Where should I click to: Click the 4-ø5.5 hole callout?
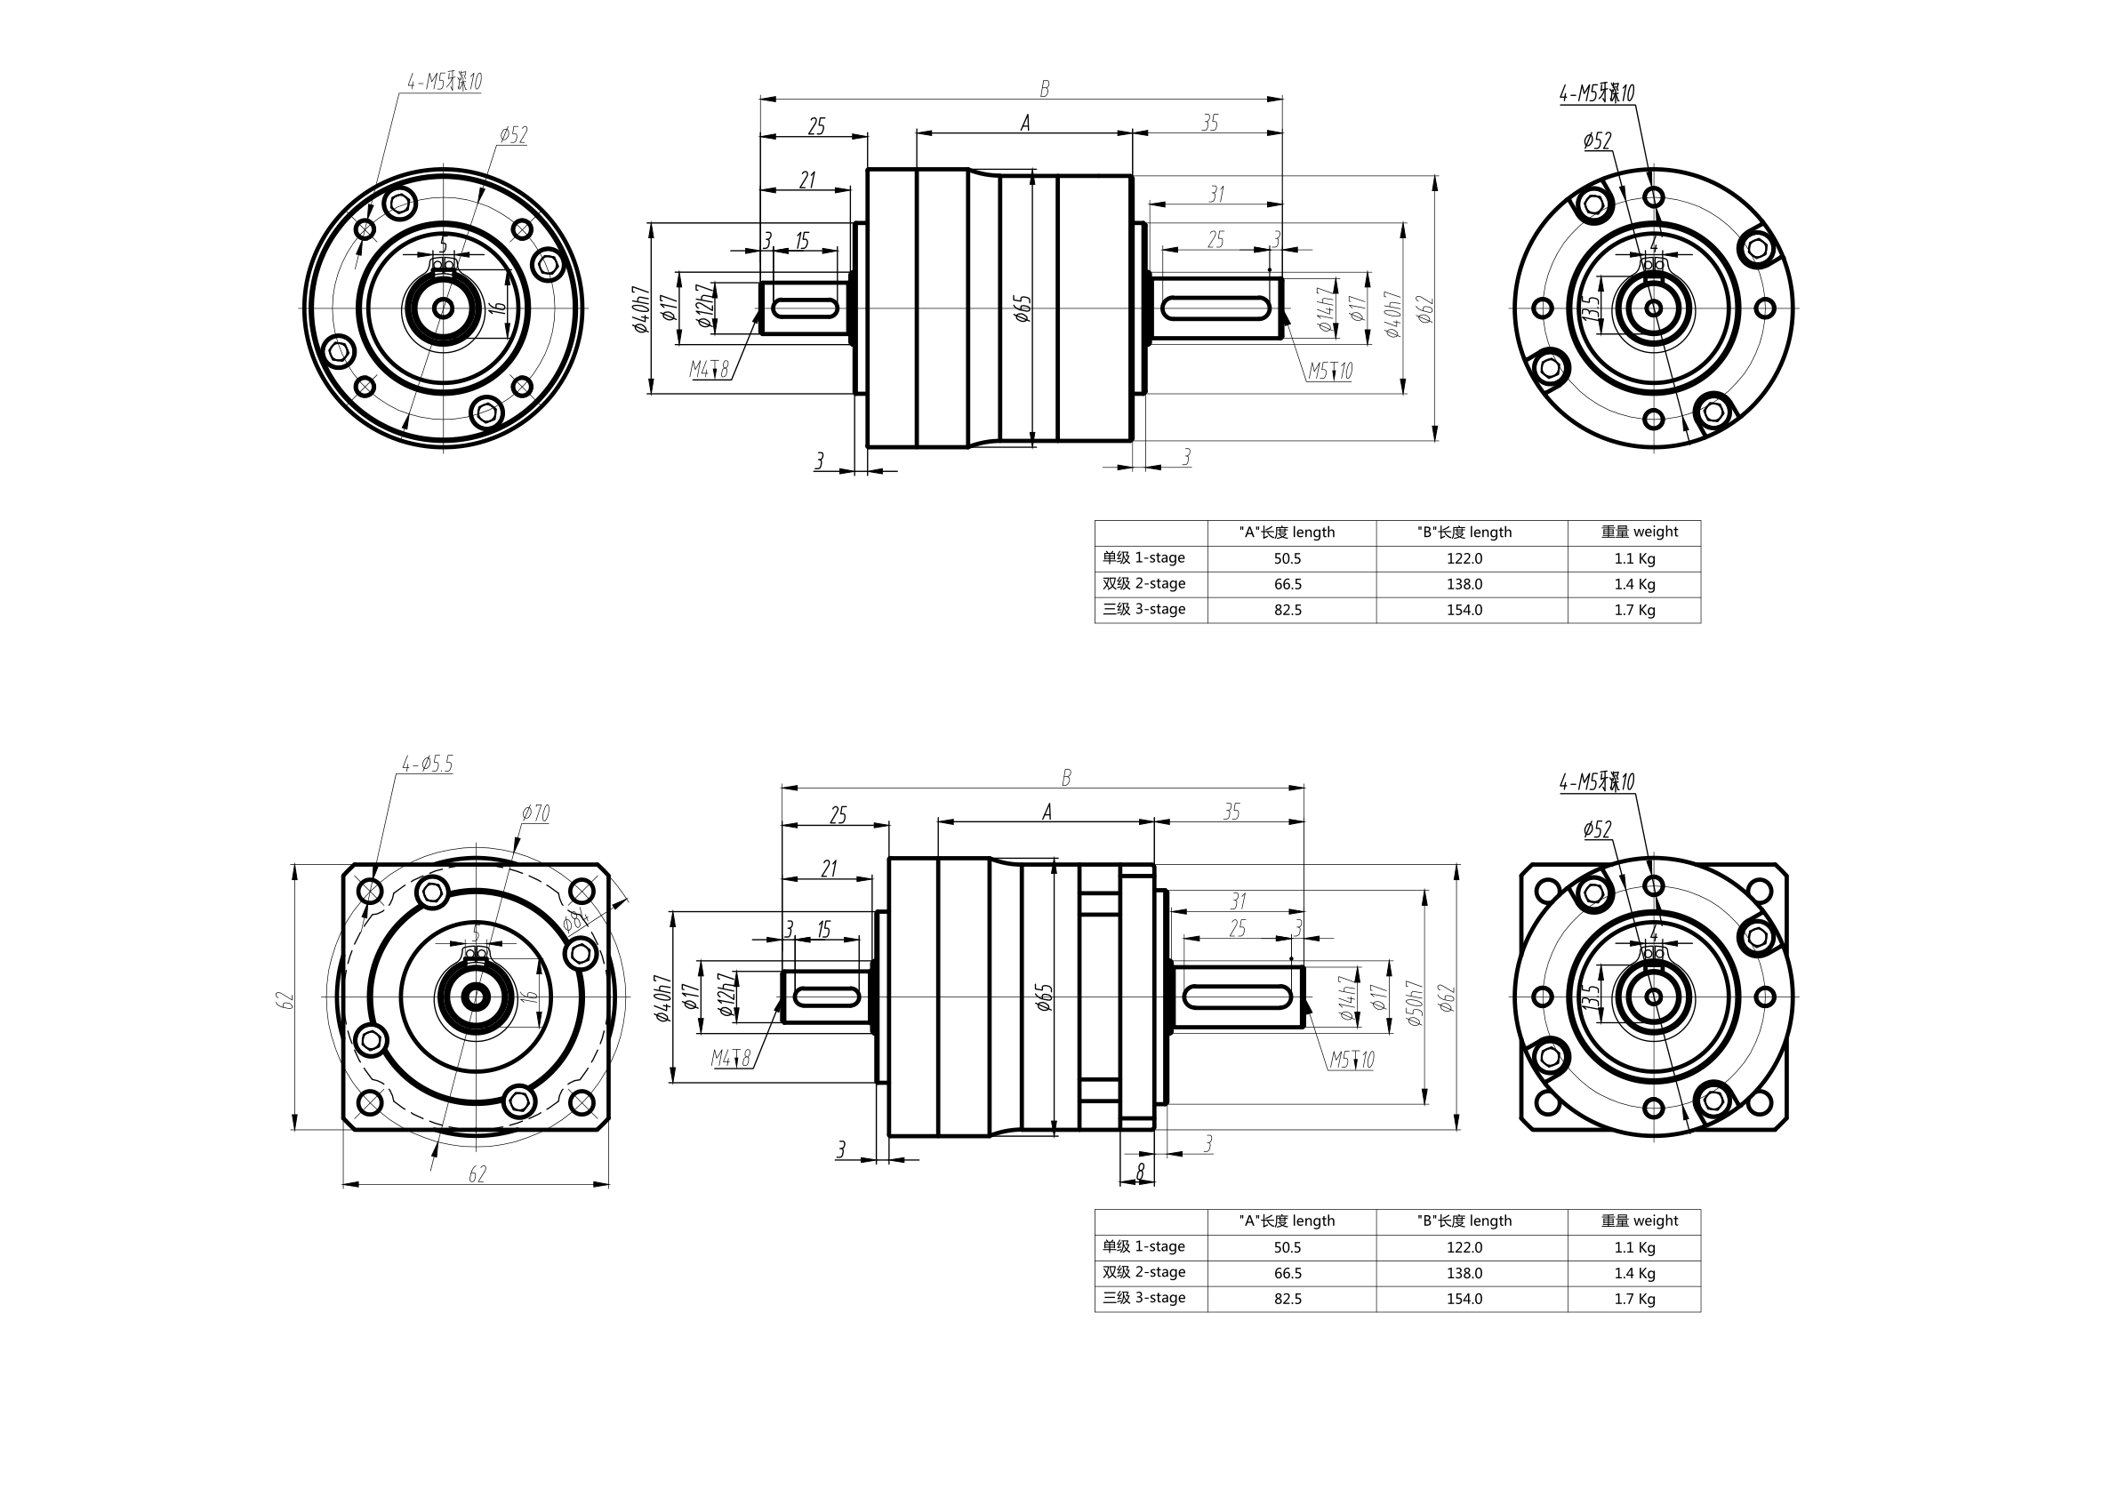click(427, 764)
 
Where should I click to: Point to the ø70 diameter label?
click(535, 813)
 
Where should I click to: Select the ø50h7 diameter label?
click(1416, 1004)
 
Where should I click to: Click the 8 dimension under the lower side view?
click(1140, 1172)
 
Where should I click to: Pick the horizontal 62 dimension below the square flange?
click(477, 1174)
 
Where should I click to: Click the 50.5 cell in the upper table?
click(1287, 559)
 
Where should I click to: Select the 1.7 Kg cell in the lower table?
click(1633, 1299)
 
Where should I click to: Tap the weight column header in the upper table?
click(1639, 532)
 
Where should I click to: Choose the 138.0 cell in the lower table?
click(1464, 1273)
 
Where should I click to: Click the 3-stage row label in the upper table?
click(1143, 610)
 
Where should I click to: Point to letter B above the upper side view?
click(1044, 89)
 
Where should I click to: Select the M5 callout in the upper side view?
click(1329, 371)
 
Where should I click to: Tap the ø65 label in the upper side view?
click(1023, 308)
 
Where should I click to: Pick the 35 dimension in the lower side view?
click(1231, 812)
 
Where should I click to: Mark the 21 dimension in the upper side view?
click(807, 180)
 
